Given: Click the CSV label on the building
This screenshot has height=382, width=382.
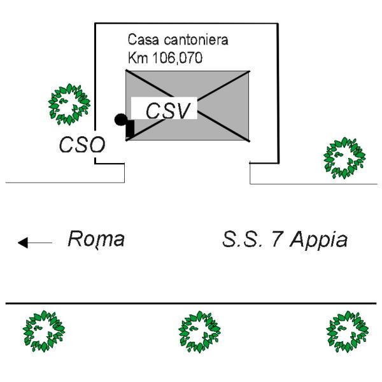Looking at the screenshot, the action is click(167, 111).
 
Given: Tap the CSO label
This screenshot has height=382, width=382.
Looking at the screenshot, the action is click(82, 145).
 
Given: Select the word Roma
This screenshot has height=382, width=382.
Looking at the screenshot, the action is click(96, 239).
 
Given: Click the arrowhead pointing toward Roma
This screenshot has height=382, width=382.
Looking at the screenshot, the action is click(23, 243).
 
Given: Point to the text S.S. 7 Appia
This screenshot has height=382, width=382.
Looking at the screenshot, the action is click(285, 239).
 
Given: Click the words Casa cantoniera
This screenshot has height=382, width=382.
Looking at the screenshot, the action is click(178, 39).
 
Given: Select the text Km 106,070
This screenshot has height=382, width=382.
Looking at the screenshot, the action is click(165, 58).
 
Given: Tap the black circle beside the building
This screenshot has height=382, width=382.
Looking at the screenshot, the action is click(120, 120).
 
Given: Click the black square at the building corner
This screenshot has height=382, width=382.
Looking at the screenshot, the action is click(130, 129).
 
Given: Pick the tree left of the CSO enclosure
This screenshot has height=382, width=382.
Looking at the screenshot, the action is click(69, 104).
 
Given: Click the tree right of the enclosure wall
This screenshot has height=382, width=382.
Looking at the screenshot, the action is click(344, 158).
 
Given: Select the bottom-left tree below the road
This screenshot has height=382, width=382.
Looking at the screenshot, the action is click(44, 331).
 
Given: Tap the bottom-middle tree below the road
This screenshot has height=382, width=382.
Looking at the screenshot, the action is click(199, 332).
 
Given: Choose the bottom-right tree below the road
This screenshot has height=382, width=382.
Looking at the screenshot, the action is click(347, 332).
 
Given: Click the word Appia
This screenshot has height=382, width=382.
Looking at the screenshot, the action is click(319, 240).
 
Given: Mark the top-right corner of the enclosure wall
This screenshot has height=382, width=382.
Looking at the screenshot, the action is click(278, 24).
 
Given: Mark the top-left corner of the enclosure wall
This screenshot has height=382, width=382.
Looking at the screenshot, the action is click(95, 24).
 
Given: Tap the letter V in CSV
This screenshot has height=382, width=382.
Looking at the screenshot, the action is click(181, 111).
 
